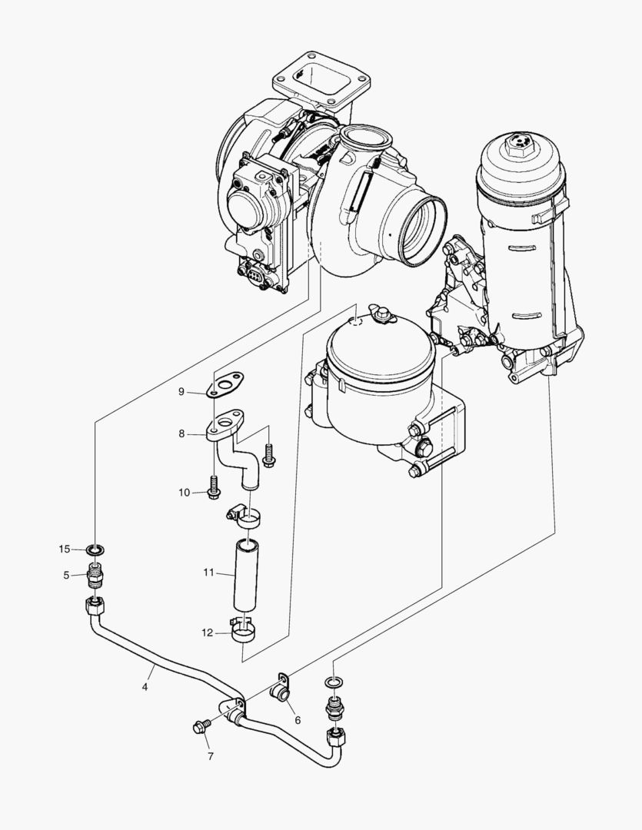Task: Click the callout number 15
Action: pyautogui.click(x=65, y=549)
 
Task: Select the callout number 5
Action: pyautogui.click(x=66, y=574)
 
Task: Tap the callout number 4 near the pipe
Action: pyautogui.click(x=144, y=667)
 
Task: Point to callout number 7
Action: pyautogui.click(x=210, y=756)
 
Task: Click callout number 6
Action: pyautogui.click(x=297, y=720)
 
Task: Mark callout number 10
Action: pyautogui.click(x=184, y=493)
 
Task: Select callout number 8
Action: pyautogui.click(x=181, y=433)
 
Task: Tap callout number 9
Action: pyautogui.click(x=181, y=392)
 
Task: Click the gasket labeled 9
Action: pyautogui.click(x=228, y=383)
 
